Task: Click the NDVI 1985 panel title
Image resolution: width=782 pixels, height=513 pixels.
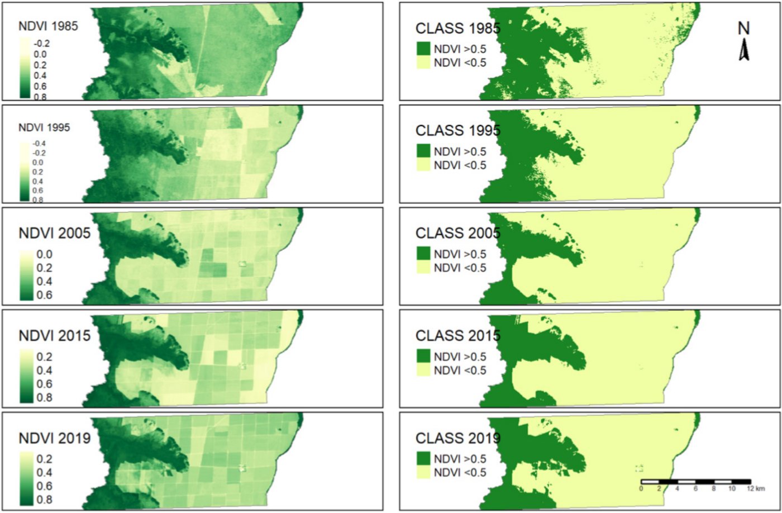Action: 48,26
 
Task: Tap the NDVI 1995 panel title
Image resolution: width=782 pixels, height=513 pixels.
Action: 44,127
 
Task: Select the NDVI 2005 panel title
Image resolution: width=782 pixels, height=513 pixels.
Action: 55,232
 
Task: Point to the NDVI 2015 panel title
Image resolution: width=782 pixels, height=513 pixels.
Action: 55,336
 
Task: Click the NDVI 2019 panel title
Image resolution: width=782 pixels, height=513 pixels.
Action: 55,438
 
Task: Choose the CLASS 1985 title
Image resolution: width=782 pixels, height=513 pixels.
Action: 457,28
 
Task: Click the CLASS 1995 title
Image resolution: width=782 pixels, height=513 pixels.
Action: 457,131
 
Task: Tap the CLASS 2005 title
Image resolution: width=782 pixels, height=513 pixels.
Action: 457,233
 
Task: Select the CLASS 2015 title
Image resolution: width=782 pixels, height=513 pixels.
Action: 457,336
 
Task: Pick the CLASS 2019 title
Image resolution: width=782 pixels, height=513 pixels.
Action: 457,438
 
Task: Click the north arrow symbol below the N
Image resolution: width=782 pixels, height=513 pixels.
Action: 744,51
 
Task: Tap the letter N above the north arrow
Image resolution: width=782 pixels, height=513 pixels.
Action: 743,28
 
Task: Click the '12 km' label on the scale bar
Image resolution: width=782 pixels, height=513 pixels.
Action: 757,489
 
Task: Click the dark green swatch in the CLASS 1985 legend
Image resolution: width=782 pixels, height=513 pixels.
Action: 423,49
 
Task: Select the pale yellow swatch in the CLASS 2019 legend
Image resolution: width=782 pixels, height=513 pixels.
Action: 423,473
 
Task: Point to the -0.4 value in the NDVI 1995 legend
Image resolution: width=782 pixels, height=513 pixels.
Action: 39,144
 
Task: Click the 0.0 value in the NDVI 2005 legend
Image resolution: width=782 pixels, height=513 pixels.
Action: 45,255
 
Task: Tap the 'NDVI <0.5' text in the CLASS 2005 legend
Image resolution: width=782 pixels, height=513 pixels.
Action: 460,268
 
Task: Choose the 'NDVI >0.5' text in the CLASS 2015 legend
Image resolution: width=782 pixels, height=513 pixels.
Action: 460,357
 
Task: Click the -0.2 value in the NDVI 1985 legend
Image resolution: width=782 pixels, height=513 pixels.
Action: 41,44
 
